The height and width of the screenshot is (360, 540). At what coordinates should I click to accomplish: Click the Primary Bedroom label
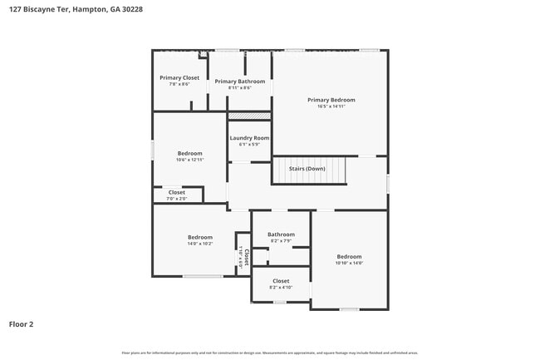tap(331, 100)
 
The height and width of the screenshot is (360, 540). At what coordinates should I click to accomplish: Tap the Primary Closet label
tap(179, 77)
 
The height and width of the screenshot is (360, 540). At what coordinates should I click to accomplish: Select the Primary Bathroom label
tap(240, 81)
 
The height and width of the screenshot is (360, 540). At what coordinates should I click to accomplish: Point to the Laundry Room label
tap(249, 138)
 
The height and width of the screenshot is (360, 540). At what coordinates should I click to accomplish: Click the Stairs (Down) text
tap(307, 169)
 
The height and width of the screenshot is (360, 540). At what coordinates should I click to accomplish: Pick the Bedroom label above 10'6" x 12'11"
tap(189, 153)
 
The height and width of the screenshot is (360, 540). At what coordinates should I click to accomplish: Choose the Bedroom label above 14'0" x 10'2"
tap(199, 237)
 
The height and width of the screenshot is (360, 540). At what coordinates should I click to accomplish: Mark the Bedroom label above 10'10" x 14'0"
tap(349, 256)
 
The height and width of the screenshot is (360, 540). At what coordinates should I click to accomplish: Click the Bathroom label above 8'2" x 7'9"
tap(281, 234)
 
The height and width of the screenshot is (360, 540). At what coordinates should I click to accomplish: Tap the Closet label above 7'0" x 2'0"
tap(176, 192)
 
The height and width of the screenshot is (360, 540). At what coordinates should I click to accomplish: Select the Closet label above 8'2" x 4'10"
tap(281, 281)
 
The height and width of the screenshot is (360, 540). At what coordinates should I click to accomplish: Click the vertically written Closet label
tap(246, 257)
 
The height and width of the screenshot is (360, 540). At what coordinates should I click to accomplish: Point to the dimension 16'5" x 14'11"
tap(331, 106)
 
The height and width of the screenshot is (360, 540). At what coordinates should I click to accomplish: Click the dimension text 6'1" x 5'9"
tap(249, 145)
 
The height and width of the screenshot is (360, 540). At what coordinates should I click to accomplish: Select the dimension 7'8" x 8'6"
tap(179, 84)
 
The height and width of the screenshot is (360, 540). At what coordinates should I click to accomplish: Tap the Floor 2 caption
tap(21, 323)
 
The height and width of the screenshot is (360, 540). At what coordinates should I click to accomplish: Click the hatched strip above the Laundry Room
tap(249, 116)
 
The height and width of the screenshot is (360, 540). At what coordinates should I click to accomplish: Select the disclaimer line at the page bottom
tap(269, 353)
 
